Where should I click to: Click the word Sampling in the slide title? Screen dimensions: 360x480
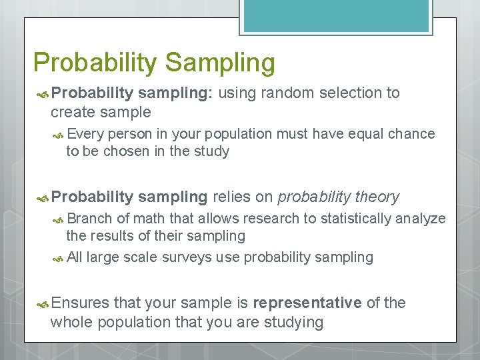pos(220,63)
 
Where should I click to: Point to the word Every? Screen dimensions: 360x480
pos(85,134)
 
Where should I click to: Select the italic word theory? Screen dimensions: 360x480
pos(377,197)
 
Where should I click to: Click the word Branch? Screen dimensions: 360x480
pos(90,219)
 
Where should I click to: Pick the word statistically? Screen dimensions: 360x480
pos(353,219)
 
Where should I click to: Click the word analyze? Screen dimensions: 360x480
pos(421,219)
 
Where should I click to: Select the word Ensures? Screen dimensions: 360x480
pos(80,303)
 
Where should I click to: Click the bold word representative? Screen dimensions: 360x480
pos(307,303)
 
